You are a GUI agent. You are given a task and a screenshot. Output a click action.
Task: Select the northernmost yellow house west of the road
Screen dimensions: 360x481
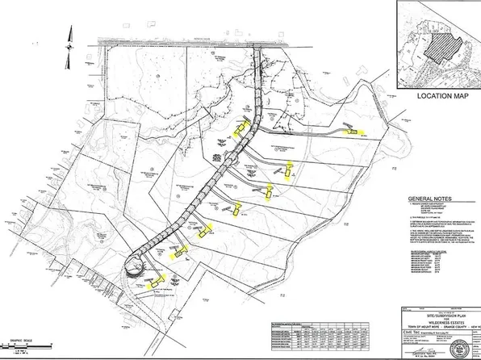coord(238,127)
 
